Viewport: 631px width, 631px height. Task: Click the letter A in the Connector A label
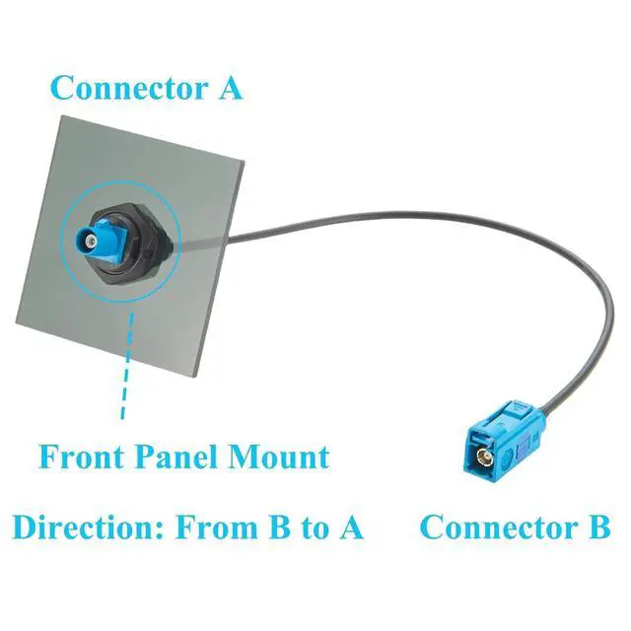point(230,88)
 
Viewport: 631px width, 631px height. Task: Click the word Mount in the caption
point(279,456)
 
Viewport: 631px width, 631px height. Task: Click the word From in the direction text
point(217,527)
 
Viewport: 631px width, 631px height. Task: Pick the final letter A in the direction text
point(351,527)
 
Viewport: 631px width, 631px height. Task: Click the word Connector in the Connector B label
point(500,527)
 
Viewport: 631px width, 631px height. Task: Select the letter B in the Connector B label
point(599,527)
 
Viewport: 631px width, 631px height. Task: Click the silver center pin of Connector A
point(92,242)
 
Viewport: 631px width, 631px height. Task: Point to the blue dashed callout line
point(127,366)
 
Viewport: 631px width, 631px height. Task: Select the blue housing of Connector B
point(506,443)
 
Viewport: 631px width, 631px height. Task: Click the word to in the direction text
point(314,528)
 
